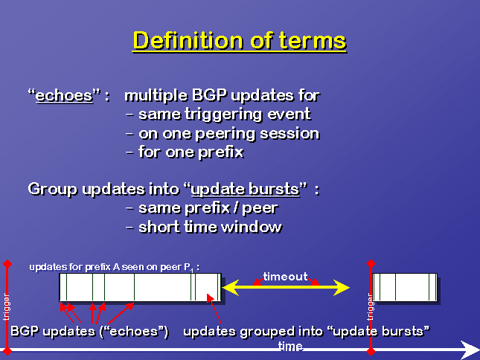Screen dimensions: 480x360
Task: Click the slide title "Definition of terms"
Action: pos(240,41)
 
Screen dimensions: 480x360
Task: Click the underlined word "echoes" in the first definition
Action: pos(64,96)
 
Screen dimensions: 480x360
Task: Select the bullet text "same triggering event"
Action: pos(225,115)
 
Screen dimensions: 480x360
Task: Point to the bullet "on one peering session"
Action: pos(229,134)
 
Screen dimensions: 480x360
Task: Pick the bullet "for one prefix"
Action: pos(191,152)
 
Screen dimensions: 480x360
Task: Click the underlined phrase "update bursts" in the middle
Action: pos(245,190)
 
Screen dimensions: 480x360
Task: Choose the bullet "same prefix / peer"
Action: pos(208,208)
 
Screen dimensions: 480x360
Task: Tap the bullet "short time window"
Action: pos(210,228)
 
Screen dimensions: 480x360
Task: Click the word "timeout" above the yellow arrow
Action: pos(285,277)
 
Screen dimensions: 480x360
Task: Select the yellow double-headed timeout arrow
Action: pos(286,288)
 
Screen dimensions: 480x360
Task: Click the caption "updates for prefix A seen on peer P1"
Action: pos(114,267)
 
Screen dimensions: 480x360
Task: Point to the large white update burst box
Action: pos(140,287)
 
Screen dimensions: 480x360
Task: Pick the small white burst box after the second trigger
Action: pos(405,287)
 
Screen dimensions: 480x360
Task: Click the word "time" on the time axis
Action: pos(290,346)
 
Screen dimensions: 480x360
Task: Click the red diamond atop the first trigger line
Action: pos(7,263)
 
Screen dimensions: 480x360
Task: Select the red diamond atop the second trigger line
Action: pos(371,263)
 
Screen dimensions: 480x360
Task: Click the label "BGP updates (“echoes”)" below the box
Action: pos(90,332)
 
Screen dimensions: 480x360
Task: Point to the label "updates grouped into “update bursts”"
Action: pos(307,332)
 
